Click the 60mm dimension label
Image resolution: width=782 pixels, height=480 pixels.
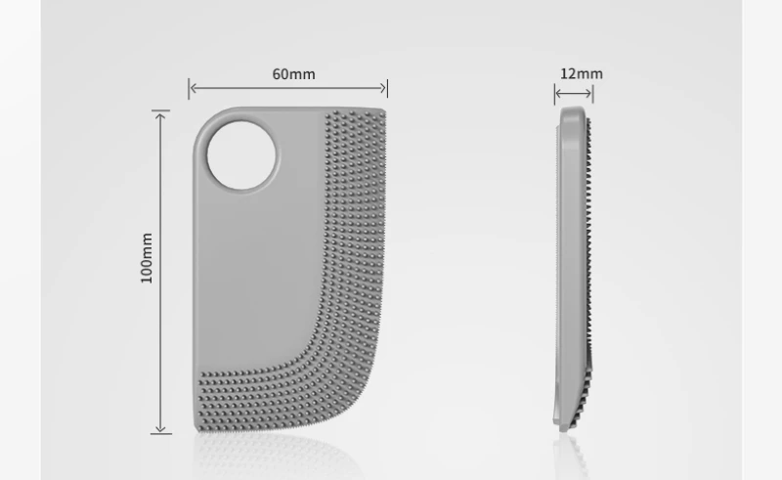[x=294, y=74]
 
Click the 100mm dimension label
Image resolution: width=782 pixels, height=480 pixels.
[x=147, y=258]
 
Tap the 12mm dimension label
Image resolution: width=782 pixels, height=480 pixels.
[x=582, y=74]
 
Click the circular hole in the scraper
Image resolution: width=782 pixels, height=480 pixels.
[x=241, y=155]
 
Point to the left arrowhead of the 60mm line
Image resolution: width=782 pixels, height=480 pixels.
[x=193, y=88]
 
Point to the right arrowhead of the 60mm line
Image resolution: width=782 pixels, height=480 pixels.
[x=383, y=88]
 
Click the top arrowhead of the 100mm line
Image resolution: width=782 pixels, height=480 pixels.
[x=160, y=116]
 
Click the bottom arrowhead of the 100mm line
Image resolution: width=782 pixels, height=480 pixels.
[x=160, y=428]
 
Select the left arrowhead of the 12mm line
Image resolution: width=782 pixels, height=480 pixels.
[x=558, y=93]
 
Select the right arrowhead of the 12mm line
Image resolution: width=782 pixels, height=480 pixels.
[x=588, y=93]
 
